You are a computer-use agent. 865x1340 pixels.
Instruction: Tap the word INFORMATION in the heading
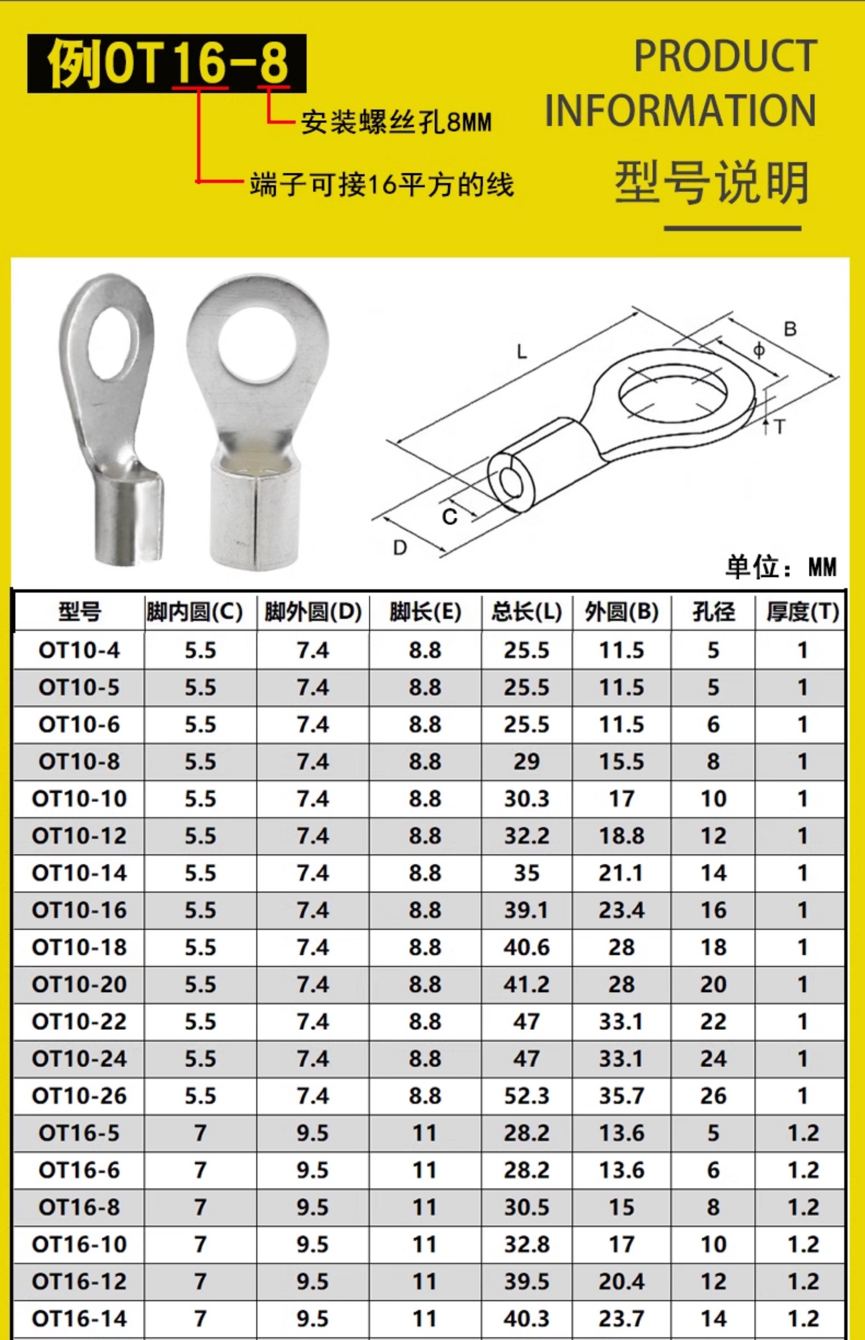point(680,110)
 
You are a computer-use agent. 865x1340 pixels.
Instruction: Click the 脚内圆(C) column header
point(194,612)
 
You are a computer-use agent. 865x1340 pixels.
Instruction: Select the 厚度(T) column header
point(803,612)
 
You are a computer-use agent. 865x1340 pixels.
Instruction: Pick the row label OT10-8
point(79,761)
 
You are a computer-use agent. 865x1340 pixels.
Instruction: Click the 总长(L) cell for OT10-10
point(526,798)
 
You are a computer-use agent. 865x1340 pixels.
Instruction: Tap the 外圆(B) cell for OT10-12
point(621,835)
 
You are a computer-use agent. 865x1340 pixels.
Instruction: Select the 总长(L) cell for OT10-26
point(526,1096)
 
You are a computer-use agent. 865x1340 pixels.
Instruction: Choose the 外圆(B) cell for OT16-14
point(621,1319)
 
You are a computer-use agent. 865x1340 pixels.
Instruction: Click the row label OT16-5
point(79,1133)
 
